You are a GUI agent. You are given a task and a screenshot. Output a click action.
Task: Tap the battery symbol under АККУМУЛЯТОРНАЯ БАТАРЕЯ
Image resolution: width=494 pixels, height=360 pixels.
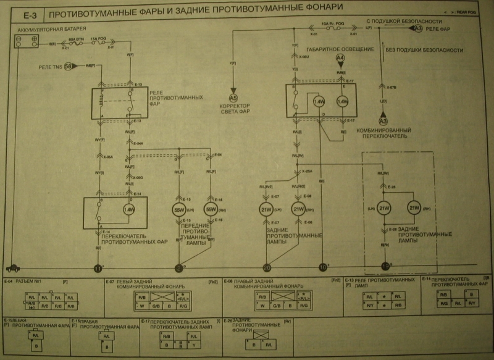point(27,41)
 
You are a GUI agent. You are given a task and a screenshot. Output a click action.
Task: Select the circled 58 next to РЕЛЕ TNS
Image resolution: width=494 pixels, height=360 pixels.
point(69,65)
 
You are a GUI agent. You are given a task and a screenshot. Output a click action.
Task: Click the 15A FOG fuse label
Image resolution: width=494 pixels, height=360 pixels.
point(98,38)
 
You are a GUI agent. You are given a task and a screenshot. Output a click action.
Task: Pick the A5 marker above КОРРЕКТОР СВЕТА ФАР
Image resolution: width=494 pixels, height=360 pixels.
point(233,98)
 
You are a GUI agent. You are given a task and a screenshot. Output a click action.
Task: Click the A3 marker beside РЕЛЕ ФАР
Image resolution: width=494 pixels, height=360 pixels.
point(418,28)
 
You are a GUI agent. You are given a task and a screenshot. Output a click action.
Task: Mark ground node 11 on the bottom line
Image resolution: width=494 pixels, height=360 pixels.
point(98,268)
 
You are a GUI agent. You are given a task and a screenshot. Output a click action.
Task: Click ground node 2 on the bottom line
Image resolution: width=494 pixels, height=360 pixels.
point(179,268)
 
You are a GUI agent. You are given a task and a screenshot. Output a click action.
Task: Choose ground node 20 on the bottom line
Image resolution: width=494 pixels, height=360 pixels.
point(267,268)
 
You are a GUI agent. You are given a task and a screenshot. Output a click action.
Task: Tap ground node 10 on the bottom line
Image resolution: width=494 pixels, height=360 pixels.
point(322,268)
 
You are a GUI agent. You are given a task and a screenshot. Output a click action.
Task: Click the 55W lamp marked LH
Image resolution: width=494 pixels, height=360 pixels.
point(179,209)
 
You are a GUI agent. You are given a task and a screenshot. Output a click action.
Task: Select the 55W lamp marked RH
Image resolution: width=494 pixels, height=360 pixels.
point(211,209)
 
